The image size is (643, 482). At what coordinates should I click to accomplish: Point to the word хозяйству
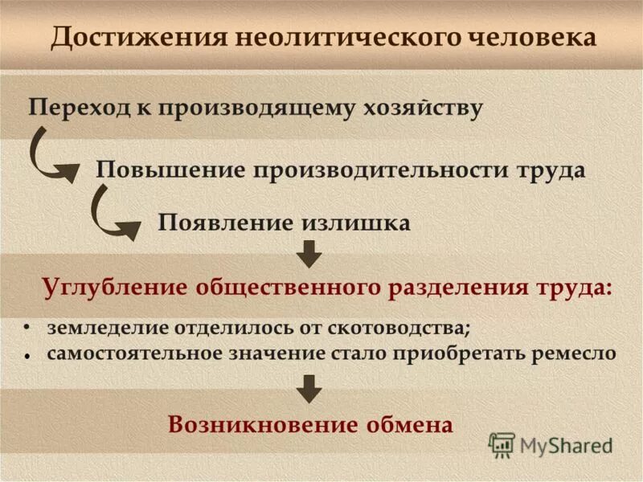[x=418, y=108]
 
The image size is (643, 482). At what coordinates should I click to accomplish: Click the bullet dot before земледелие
[x=27, y=328]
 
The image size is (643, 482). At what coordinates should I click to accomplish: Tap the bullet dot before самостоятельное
[x=27, y=353]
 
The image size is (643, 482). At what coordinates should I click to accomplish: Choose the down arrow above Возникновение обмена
[x=309, y=388]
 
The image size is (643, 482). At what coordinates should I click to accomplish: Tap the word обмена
[x=413, y=424]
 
